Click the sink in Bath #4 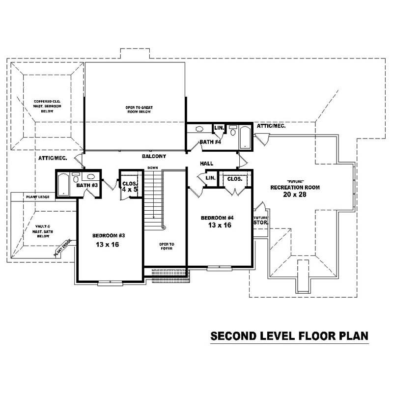[199, 130]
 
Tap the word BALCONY [154, 156]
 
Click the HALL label [206, 163]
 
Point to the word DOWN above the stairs [152, 168]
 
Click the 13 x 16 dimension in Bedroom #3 [109, 244]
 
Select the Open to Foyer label [167, 246]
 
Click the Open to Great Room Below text [137, 109]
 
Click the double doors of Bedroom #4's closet [234, 191]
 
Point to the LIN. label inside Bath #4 [219, 128]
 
